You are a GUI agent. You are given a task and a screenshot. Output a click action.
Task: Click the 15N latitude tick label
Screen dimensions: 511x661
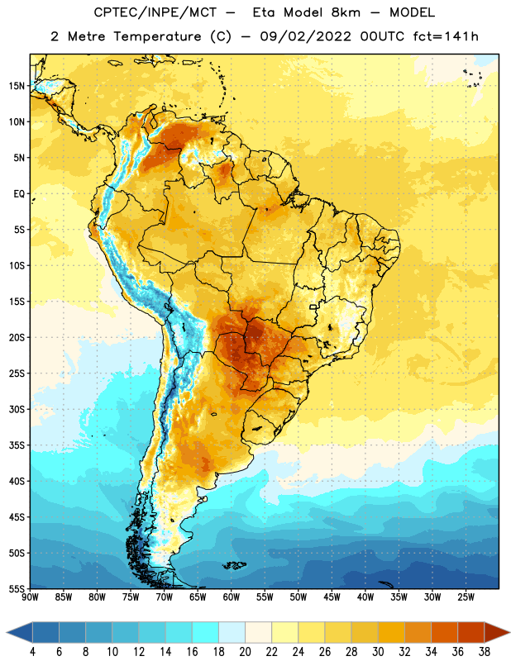point(17,86)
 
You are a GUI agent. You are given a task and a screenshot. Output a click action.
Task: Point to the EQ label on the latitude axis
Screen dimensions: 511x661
point(19,194)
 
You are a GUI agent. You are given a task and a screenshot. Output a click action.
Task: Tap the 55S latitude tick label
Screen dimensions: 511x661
point(17,588)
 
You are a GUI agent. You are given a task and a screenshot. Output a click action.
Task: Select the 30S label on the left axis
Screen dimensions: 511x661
point(17,409)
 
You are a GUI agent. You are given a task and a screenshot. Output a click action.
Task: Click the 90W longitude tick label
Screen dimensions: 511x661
point(30,597)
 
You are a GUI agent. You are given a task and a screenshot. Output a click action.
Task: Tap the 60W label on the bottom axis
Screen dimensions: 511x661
point(232,597)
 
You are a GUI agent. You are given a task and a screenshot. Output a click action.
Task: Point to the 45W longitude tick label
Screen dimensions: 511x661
point(332,597)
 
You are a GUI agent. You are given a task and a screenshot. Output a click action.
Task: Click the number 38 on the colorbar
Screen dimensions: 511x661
point(484,652)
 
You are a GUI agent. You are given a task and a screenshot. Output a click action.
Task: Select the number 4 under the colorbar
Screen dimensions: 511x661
point(32,652)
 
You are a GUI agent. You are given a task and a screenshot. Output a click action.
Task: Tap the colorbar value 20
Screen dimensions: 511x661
point(245,652)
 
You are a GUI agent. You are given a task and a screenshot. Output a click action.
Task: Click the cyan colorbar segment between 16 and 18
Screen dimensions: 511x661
point(206,634)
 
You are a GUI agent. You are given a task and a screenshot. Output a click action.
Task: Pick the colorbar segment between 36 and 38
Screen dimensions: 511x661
point(471,634)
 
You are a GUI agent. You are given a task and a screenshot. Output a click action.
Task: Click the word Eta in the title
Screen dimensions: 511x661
point(264,12)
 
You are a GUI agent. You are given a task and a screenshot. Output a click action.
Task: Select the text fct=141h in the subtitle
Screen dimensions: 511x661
point(446,36)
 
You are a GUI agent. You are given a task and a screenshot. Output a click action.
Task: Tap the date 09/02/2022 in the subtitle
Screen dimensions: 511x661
point(305,36)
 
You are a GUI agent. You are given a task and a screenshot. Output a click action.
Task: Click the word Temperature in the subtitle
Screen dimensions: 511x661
point(157,36)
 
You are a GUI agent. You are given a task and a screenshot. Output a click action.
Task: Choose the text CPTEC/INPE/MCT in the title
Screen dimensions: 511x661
point(155,12)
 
